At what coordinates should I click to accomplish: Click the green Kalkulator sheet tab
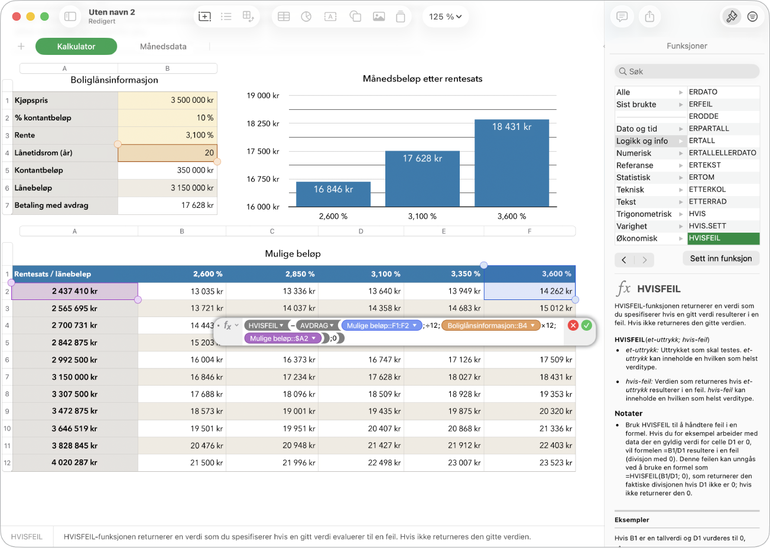pos(76,47)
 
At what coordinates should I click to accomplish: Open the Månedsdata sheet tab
pos(163,47)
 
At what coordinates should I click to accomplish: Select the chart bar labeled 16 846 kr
pos(333,194)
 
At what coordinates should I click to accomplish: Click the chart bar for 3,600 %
pos(512,163)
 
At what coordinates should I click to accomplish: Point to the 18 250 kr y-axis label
pos(262,123)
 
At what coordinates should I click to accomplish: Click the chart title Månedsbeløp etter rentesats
pos(423,79)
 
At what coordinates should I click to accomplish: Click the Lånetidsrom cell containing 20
pos(167,152)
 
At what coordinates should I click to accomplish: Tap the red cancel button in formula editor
pos(573,325)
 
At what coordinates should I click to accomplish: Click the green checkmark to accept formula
pos(586,325)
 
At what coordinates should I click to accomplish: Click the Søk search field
pos(687,71)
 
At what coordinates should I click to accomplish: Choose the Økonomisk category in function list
pos(636,238)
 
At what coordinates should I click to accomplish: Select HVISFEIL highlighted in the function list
pos(723,238)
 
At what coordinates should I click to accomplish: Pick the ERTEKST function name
pos(704,165)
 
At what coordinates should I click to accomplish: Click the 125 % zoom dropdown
pos(445,17)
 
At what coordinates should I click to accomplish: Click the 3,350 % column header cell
pos(444,274)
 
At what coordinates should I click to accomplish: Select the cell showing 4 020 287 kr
pos(74,462)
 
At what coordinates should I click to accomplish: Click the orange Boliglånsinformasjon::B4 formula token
pos(491,325)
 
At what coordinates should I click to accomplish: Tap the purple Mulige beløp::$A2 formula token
pos(282,338)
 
